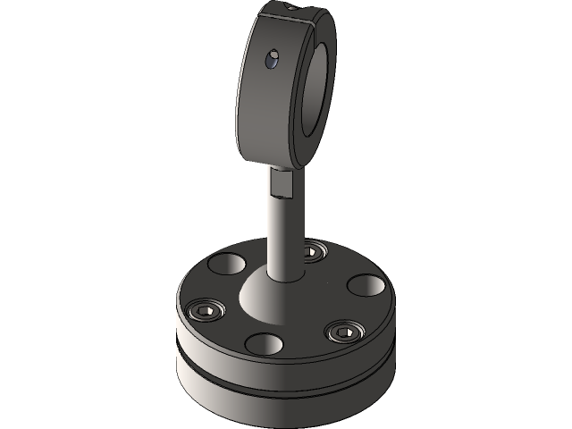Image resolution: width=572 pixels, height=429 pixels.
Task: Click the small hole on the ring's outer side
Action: point(269,60)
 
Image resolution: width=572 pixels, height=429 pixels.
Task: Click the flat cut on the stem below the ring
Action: point(281,182)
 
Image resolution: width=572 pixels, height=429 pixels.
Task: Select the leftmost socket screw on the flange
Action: point(206,310)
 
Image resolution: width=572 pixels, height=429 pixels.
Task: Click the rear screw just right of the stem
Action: point(312,250)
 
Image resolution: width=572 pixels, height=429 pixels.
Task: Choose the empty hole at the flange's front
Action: point(265,343)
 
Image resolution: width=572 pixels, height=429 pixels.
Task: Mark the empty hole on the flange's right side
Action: point(364,285)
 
